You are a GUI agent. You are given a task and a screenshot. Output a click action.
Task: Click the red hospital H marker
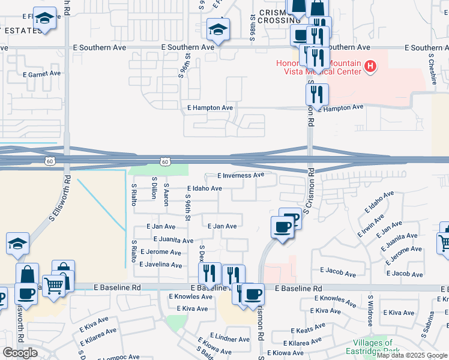(x=371, y=66)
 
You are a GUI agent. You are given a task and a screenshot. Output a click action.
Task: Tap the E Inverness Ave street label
(x=241, y=175)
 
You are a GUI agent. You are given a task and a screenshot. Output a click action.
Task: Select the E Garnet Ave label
(x=41, y=74)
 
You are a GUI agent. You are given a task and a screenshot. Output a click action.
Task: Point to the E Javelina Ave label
(x=160, y=265)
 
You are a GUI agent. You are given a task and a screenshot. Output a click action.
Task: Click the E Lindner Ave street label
(x=229, y=339)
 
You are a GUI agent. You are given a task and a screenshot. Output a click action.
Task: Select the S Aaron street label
(x=166, y=194)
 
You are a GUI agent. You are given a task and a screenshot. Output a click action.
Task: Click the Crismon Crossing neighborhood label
(x=276, y=16)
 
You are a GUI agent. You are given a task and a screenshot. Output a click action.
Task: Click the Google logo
(x=20, y=352)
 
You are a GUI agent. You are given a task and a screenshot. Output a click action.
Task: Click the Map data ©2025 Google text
(x=412, y=355)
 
